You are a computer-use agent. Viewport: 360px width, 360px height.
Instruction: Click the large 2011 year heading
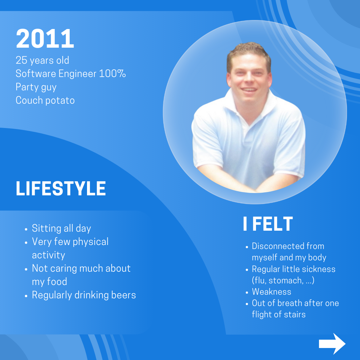tap(45, 39)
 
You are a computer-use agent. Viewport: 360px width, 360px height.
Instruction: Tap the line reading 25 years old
tap(42, 60)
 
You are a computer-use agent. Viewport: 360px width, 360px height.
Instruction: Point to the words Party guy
tap(36, 87)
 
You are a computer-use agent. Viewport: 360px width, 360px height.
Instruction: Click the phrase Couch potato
tap(45, 100)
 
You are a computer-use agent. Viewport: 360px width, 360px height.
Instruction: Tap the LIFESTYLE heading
tap(61, 189)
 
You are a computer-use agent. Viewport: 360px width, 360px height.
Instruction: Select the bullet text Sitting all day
tap(61, 228)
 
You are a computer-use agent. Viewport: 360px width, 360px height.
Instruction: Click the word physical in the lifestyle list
tap(91, 242)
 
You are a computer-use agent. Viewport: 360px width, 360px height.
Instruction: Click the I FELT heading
tap(268, 224)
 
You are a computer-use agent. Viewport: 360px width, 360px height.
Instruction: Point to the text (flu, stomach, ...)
tap(283, 280)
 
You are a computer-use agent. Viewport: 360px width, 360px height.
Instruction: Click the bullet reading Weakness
tap(271, 292)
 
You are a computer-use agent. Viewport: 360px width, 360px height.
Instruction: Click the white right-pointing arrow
tap(332, 344)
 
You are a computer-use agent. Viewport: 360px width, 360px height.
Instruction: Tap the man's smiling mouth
tap(249, 90)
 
